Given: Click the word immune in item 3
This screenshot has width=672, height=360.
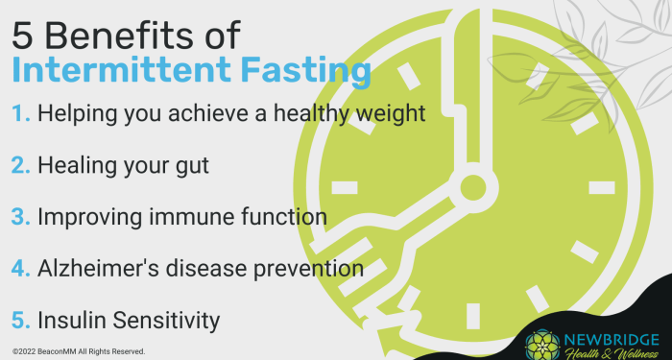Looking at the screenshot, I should [183, 216].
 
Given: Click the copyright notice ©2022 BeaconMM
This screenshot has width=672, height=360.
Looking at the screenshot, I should [79, 351].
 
